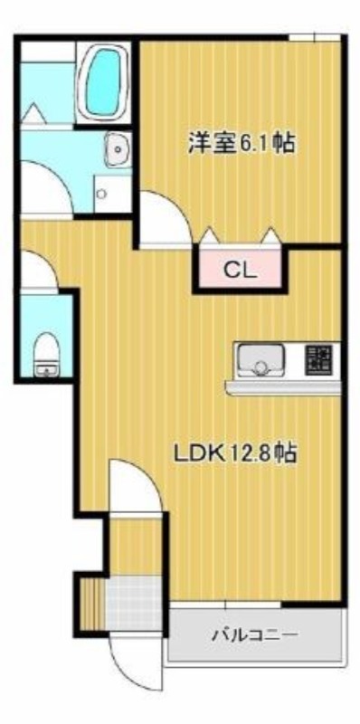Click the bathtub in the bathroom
pyautogui.click(x=103, y=82)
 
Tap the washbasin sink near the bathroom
pyautogui.click(x=118, y=149)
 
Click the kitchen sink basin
pyautogui.click(x=260, y=360)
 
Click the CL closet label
pyautogui.click(x=240, y=271)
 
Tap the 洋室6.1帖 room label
pyautogui.click(x=241, y=143)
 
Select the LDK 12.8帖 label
pyautogui.click(x=234, y=453)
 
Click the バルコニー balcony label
pyautogui.click(x=254, y=636)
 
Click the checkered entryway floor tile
pyautogui.click(x=134, y=602)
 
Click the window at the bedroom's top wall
pyautogui.click(x=315, y=37)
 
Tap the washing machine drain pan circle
pyautogui.click(x=101, y=194)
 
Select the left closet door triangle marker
pyautogui.click(x=211, y=235)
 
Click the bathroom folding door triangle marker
pyautogui.click(x=33, y=113)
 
